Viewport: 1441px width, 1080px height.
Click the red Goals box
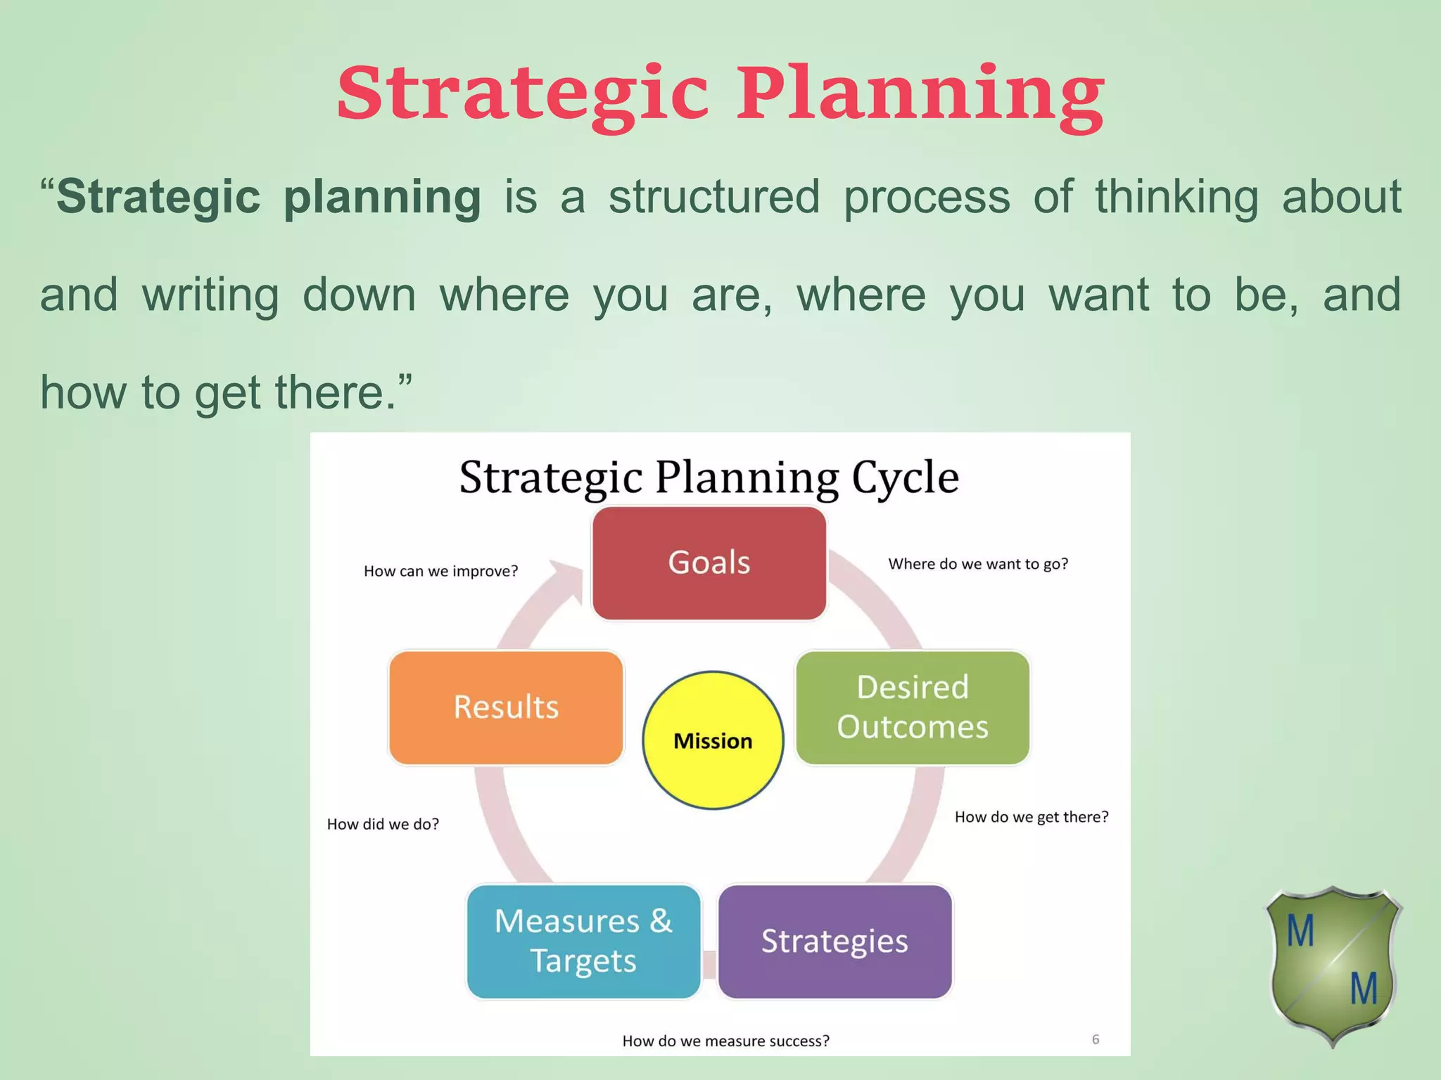709,563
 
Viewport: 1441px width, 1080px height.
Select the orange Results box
506,707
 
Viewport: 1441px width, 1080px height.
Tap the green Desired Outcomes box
913,707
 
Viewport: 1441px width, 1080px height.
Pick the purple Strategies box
834,941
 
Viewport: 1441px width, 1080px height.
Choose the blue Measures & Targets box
583,941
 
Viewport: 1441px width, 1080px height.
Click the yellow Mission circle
713,740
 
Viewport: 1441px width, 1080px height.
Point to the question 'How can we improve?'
440,571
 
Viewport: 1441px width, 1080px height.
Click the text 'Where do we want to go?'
978,564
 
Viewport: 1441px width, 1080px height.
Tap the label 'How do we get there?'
1031,817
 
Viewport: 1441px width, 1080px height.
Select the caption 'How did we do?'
383,824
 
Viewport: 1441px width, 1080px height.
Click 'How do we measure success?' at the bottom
725,1041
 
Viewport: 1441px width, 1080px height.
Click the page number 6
1096,1039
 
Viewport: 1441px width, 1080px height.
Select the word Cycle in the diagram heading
905,478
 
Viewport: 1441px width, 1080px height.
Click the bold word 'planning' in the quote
382,198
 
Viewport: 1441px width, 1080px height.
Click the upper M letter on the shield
1300,932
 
